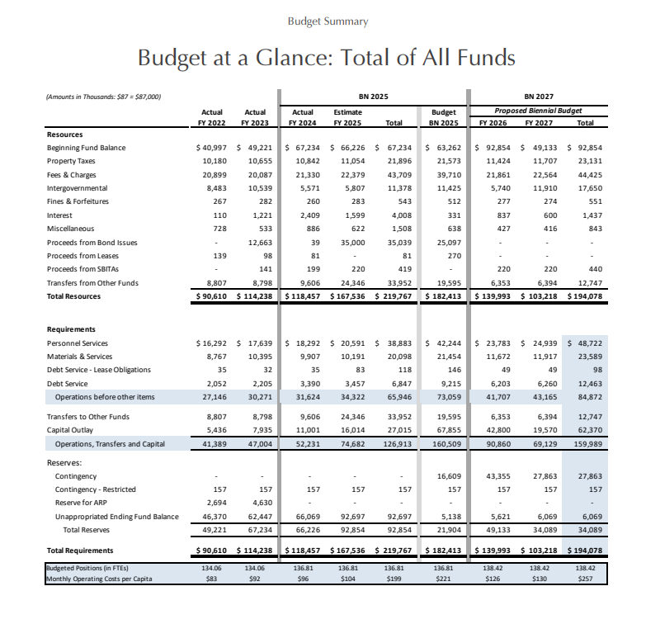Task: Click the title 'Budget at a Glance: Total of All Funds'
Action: (x=326, y=58)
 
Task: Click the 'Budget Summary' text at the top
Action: (x=328, y=21)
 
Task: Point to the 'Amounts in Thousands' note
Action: (x=103, y=97)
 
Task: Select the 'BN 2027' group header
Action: (x=539, y=97)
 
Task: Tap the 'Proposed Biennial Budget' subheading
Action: (x=538, y=111)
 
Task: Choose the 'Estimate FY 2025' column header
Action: (x=347, y=117)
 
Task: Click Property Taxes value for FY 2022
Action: (x=215, y=161)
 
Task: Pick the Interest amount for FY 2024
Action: (x=310, y=215)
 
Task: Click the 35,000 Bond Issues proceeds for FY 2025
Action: (x=352, y=243)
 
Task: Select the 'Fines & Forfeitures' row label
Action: (x=78, y=201)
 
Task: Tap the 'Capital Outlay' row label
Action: (x=70, y=430)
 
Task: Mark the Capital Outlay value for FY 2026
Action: (x=498, y=430)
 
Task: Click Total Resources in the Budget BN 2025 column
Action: (x=443, y=296)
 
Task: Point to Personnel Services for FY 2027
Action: (x=539, y=343)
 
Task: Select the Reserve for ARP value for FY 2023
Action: (x=260, y=503)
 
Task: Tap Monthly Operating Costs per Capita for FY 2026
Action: (x=493, y=579)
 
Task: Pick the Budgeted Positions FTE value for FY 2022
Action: (x=211, y=568)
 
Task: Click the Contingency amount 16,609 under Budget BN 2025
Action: (x=449, y=476)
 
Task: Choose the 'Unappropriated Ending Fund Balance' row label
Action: (x=117, y=517)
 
